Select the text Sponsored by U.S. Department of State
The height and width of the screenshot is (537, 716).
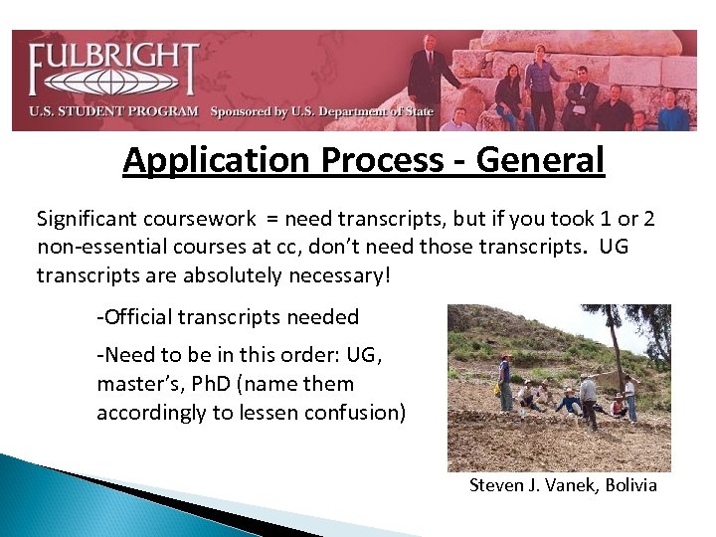click(321, 111)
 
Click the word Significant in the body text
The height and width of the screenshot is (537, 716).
click(88, 218)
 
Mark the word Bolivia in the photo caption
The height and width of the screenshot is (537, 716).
click(628, 485)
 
